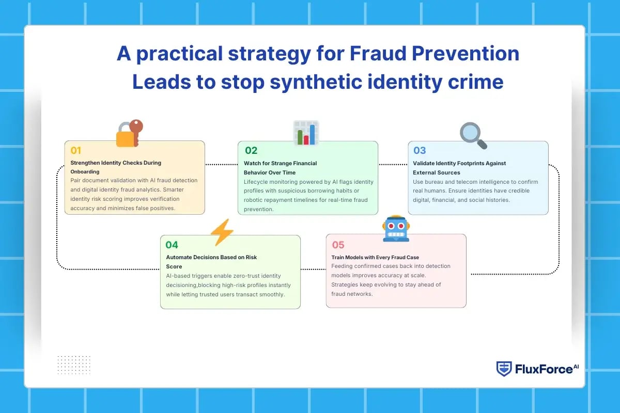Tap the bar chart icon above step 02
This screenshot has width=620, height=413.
(x=306, y=133)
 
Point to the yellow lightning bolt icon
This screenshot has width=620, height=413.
(x=222, y=232)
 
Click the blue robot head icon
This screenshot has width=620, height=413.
(x=396, y=229)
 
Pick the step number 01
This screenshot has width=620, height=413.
(x=76, y=151)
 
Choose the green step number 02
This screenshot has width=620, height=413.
(x=251, y=151)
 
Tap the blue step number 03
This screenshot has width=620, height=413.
(x=420, y=151)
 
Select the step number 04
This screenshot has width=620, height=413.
(x=172, y=245)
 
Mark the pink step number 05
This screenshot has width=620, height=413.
(x=338, y=245)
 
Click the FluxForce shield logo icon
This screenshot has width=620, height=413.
(x=504, y=369)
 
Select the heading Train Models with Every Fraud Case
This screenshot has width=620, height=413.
(x=375, y=257)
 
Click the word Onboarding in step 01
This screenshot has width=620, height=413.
(x=85, y=171)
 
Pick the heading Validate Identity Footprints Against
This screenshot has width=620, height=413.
(x=459, y=163)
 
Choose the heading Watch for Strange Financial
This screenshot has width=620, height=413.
(x=281, y=163)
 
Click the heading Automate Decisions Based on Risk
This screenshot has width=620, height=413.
(x=211, y=257)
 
